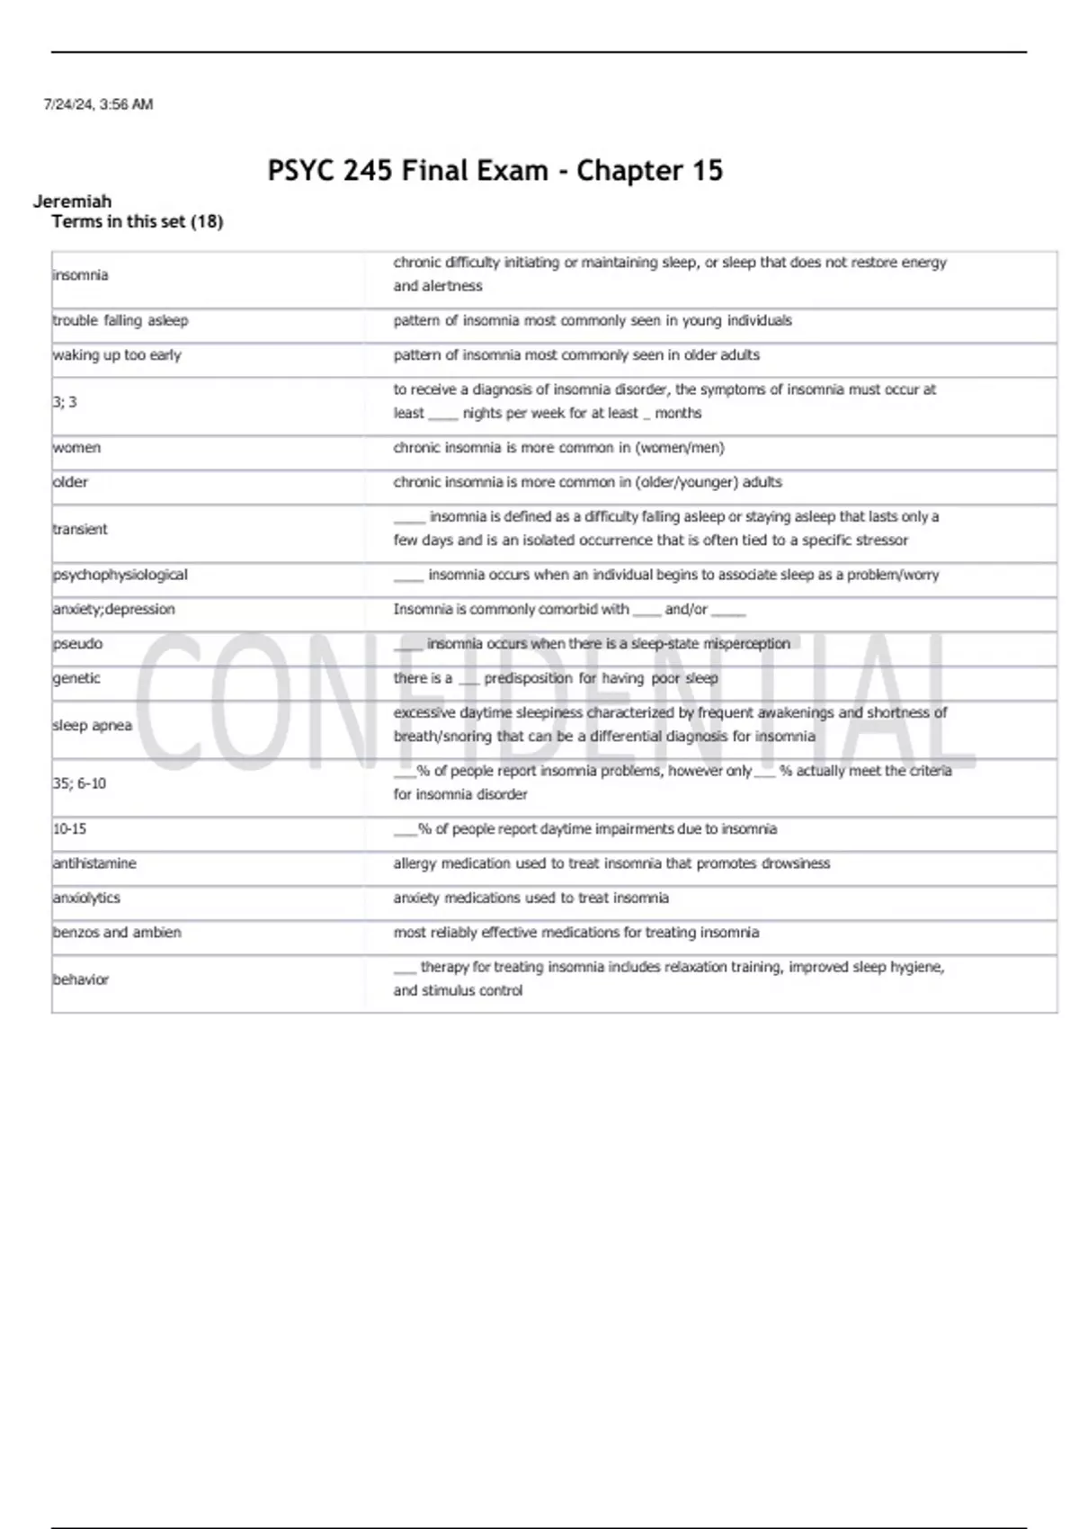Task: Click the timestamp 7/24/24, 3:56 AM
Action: tap(98, 104)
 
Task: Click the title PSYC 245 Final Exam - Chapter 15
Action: tap(495, 170)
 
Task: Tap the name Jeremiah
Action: tap(72, 201)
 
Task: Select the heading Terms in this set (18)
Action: tap(137, 221)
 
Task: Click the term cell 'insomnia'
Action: tap(80, 275)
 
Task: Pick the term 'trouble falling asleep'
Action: tap(120, 320)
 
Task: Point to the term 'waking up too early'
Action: tap(117, 355)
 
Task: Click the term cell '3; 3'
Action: tap(65, 402)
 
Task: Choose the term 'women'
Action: tap(76, 448)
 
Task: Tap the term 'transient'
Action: tap(80, 529)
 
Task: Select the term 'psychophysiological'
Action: tap(120, 575)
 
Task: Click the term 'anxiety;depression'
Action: tap(114, 609)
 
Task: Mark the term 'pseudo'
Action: tap(77, 644)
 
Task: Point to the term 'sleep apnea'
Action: tap(92, 725)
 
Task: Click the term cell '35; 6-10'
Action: tap(79, 783)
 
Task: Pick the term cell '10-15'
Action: tap(69, 828)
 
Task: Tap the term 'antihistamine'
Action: tap(94, 863)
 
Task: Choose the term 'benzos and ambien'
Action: tap(117, 933)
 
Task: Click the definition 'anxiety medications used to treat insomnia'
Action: tap(531, 898)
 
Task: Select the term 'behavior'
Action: tap(80, 979)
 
